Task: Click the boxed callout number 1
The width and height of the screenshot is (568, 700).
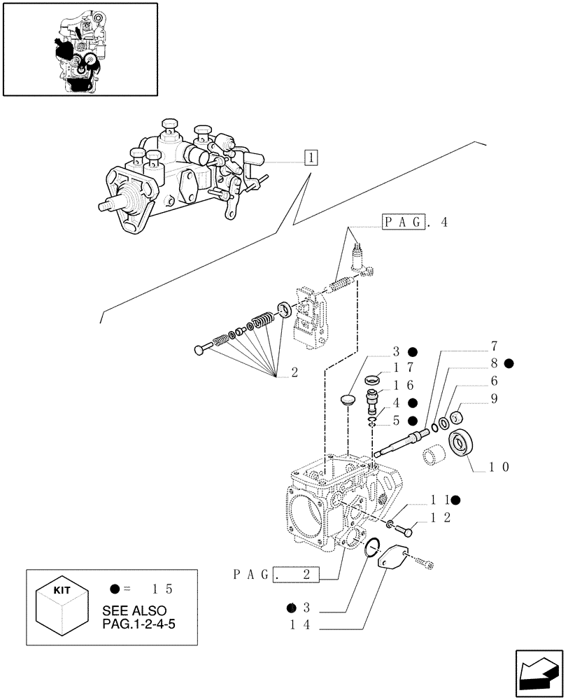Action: point(311,157)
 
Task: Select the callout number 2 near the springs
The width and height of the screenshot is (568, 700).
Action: point(294,373)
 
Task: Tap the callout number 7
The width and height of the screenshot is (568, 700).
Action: point(494,346)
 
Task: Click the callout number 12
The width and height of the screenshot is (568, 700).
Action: point(441,518)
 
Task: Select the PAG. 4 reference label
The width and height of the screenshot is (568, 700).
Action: point(415,223)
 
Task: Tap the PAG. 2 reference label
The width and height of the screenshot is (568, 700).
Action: point(277,576)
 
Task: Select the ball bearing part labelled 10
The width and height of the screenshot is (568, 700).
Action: point(462,443)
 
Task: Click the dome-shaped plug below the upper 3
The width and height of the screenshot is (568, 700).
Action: point(349,400)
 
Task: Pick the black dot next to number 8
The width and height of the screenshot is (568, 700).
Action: point(510,363)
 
